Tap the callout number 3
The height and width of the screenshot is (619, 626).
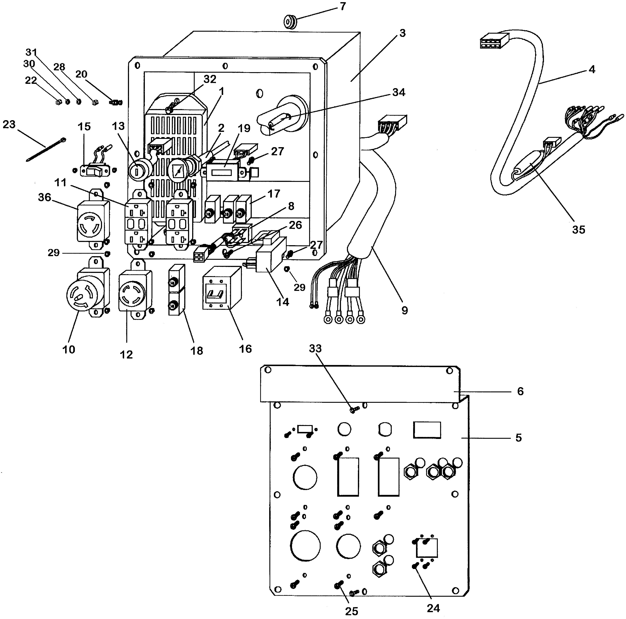point(402,33)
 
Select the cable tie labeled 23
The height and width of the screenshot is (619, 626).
point(45,149)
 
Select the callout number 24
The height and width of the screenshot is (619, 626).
point(433,608)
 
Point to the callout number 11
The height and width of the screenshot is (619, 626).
point(60,182)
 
